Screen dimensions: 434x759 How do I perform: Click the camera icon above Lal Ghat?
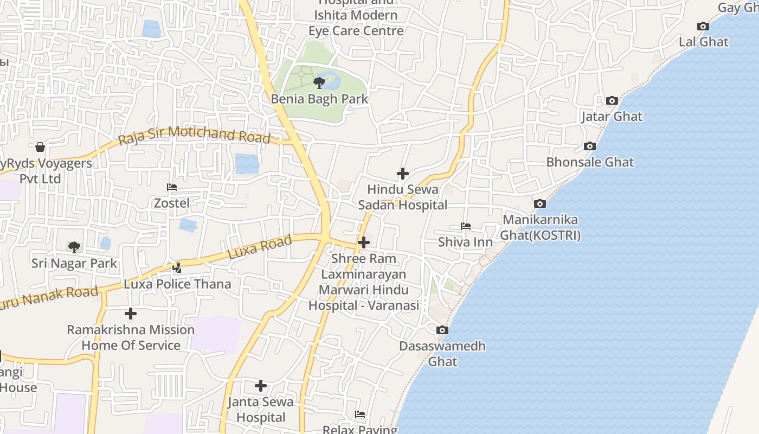point(703,26)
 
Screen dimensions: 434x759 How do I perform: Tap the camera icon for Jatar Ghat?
point(612,100)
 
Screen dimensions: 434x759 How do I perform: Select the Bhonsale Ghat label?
point(590,162)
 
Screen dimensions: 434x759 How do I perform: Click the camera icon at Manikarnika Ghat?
point(539,203)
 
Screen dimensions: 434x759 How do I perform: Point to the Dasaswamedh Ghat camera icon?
point(442,330)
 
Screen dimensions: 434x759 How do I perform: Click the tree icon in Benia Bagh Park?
point(319,82)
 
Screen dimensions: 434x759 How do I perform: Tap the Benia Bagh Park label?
point(319,99)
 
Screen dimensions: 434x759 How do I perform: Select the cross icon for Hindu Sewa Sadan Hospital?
point(402,174)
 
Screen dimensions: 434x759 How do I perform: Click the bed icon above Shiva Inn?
point(465,226)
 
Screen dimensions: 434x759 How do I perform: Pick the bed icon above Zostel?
point(172,187)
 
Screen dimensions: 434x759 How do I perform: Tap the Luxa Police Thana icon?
point(177,267)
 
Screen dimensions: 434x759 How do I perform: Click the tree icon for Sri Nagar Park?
point(74,247)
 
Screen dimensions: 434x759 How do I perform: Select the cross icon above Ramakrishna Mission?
point(130,314)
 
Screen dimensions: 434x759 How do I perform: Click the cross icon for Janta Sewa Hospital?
point(260,386)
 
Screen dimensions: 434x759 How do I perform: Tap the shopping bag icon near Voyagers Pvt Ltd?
point(40,147)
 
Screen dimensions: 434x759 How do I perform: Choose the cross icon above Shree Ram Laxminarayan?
point(364,242)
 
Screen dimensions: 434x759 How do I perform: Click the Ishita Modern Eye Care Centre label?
point(356,23)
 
